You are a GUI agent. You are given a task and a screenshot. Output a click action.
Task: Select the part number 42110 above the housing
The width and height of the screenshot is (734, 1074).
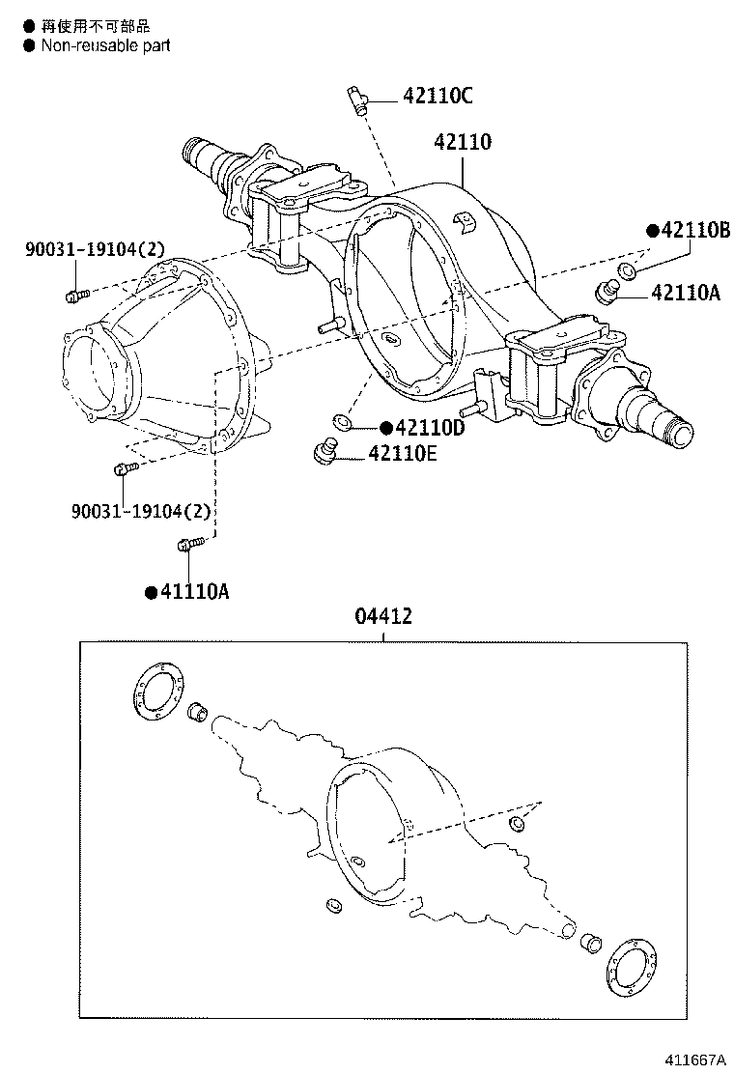pos(463,142)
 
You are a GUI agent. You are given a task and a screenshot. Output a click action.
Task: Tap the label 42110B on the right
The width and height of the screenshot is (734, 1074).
pos(694,230)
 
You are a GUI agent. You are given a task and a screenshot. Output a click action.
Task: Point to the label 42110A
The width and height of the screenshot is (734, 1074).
pos(686,293)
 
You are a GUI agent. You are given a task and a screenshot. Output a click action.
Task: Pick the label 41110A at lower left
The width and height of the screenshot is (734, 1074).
pos(193,592)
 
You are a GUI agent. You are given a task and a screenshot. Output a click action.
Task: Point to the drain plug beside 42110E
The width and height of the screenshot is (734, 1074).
pos(326,451)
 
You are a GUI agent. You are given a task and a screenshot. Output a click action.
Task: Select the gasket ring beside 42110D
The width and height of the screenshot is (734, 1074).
pos(341,421)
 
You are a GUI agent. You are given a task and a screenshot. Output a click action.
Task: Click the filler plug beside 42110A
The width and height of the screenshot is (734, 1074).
pos(607,290)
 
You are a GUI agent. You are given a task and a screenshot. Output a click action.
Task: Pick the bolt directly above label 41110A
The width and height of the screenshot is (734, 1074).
pos(189,546)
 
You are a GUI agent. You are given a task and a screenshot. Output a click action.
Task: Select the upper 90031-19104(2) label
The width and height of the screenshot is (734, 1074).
pos(95,250)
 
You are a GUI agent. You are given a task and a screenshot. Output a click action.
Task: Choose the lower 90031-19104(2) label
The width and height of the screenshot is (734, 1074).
pos(140,509)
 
